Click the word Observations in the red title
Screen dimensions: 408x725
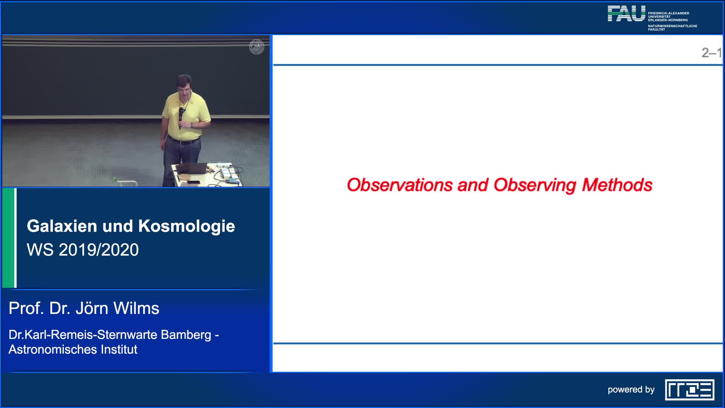coord(400,185)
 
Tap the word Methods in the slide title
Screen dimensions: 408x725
coord(617,185)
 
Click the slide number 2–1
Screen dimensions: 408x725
coord(711,53)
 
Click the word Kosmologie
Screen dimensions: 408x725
coord(186,226)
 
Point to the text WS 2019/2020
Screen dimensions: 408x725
coord(83,250)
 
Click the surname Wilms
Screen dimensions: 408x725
coord(136,308)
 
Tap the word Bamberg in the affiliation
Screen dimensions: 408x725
coord(186,335)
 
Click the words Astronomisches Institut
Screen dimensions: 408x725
coord(73,349)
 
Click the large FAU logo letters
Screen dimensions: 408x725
coord(626,14)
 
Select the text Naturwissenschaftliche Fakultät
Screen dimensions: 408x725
coord(672,28)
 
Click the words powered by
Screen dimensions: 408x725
coord(631,389)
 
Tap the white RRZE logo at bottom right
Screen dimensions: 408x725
coord(690,389)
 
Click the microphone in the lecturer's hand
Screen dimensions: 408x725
coord(181,115)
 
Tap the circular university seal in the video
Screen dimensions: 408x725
coord(257,47)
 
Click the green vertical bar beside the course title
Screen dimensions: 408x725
coord(8,238)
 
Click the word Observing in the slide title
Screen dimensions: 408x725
coord(535,185)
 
